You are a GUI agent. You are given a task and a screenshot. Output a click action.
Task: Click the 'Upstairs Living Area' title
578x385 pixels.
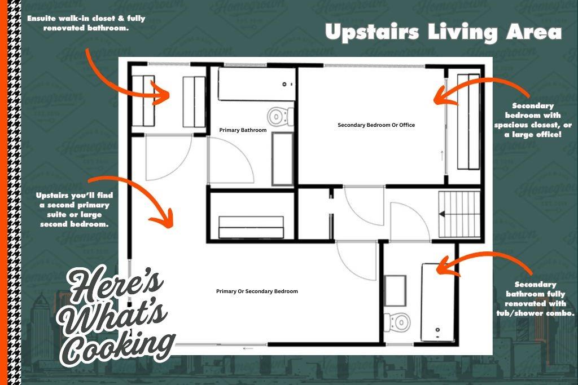tap(444, 32)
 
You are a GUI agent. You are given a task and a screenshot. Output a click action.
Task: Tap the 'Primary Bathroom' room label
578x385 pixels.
tap(243, 130)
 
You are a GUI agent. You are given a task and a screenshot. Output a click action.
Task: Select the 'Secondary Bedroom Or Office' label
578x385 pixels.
tap(376, 125)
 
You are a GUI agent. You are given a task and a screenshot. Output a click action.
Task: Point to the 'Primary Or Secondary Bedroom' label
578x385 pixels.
tap(257, 291)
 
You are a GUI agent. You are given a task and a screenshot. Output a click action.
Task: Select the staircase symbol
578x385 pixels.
tap(459, 214)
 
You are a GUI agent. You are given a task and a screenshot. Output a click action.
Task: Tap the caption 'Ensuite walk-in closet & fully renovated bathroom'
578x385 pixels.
tap(86, 23)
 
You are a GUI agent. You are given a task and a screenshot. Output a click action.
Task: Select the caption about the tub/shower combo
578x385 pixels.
tap(535, 299)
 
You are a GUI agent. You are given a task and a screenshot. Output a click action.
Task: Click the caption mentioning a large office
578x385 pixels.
tap(533, 121)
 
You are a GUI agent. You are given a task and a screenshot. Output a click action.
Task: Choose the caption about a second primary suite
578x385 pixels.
tap(75, 210)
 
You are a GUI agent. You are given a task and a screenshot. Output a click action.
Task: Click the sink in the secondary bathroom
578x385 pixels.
tap(395, 291)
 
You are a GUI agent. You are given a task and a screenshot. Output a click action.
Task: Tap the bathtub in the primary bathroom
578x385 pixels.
tap(257, 85)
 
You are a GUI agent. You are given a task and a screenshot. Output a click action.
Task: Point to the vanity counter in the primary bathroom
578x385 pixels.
tap(283, 159)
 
